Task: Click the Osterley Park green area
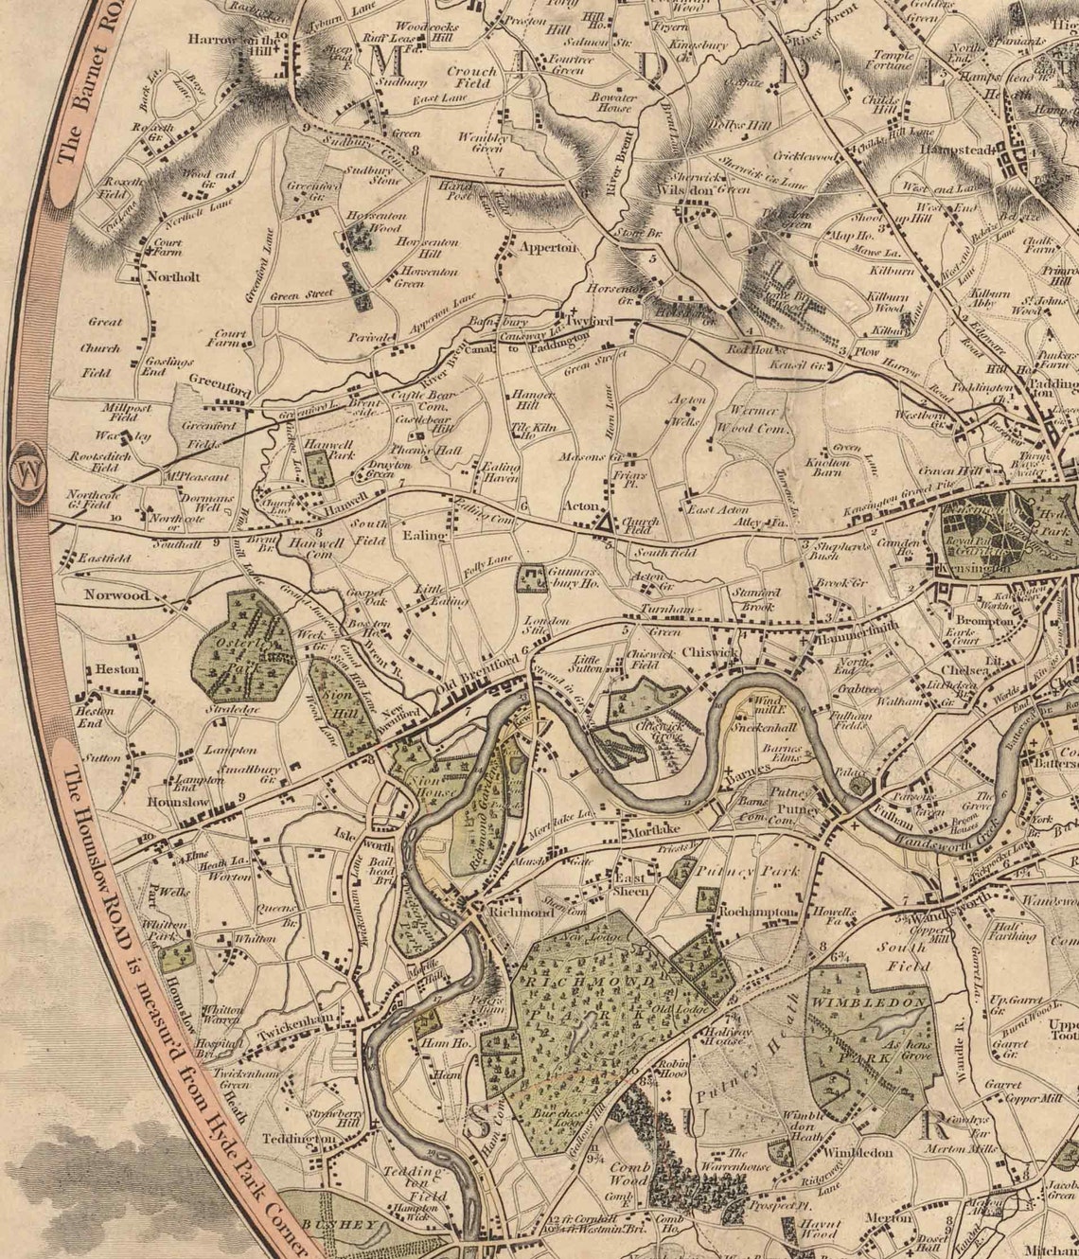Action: point(243,647)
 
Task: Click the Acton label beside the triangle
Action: point(580,506)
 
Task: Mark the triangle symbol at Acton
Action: point(605,521)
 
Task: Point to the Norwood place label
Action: point(116,595)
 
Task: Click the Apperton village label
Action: point(547,247)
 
